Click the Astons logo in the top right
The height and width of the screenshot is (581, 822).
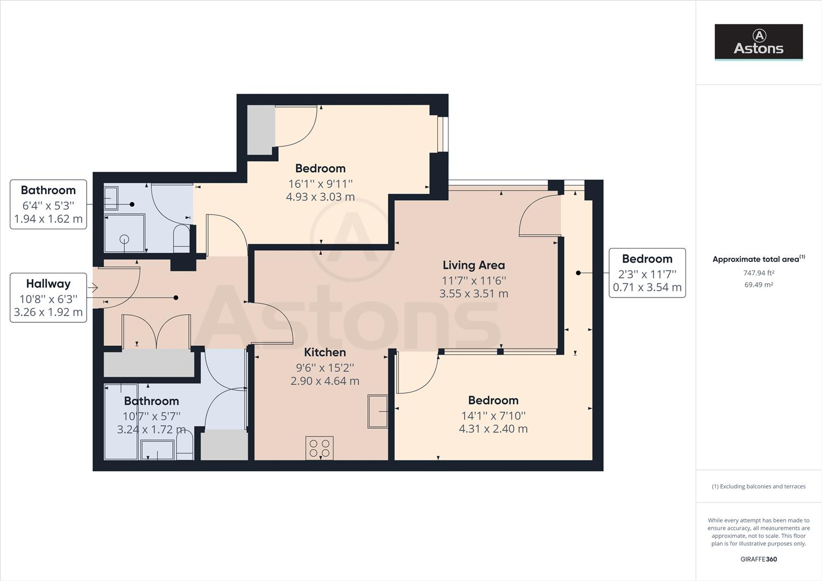pyautogui.click(x=759, y=41)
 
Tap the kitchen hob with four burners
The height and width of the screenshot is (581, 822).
pyautogui.click(x=320, y=448)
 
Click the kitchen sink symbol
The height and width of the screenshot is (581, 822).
pyautogui.click(x=378, y=412)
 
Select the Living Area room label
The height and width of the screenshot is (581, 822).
pyautogui.click(x=473, y=265)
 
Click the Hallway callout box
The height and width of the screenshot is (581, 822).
pyautogui.click(x=48, y=297)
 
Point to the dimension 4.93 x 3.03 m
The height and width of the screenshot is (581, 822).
pyautogui.click(x=320, y=197)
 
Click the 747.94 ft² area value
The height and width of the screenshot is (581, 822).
pyautogui.click(x=759, y=273)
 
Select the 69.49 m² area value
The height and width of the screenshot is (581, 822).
pyautogui.click(x=759, y=285)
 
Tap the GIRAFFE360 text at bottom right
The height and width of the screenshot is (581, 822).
pyautogui.click(x=759, y=559)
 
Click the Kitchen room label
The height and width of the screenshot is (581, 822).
pyautogui.click(x=325, y=352)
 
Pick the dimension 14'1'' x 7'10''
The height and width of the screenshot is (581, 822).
pyautogui.click(x=493, y=415)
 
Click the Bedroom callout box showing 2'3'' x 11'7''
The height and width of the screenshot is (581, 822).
pyautogui.click(x=647, y=273)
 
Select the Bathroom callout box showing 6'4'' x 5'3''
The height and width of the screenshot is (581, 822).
pyautogui.click(x=48, y=204)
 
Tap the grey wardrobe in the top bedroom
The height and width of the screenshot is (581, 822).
pyautogui.click(x=261, y=130)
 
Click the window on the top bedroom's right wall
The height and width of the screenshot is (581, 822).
pyautogui.click(x=442, y=134)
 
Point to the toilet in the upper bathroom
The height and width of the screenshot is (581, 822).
pyautogui.click(x=182, y=239)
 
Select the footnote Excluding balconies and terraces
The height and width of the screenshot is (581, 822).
pyautogui.click(x=759, y=486)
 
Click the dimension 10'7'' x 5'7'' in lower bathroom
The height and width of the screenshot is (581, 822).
pyautogui.click(x=151, y=416)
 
